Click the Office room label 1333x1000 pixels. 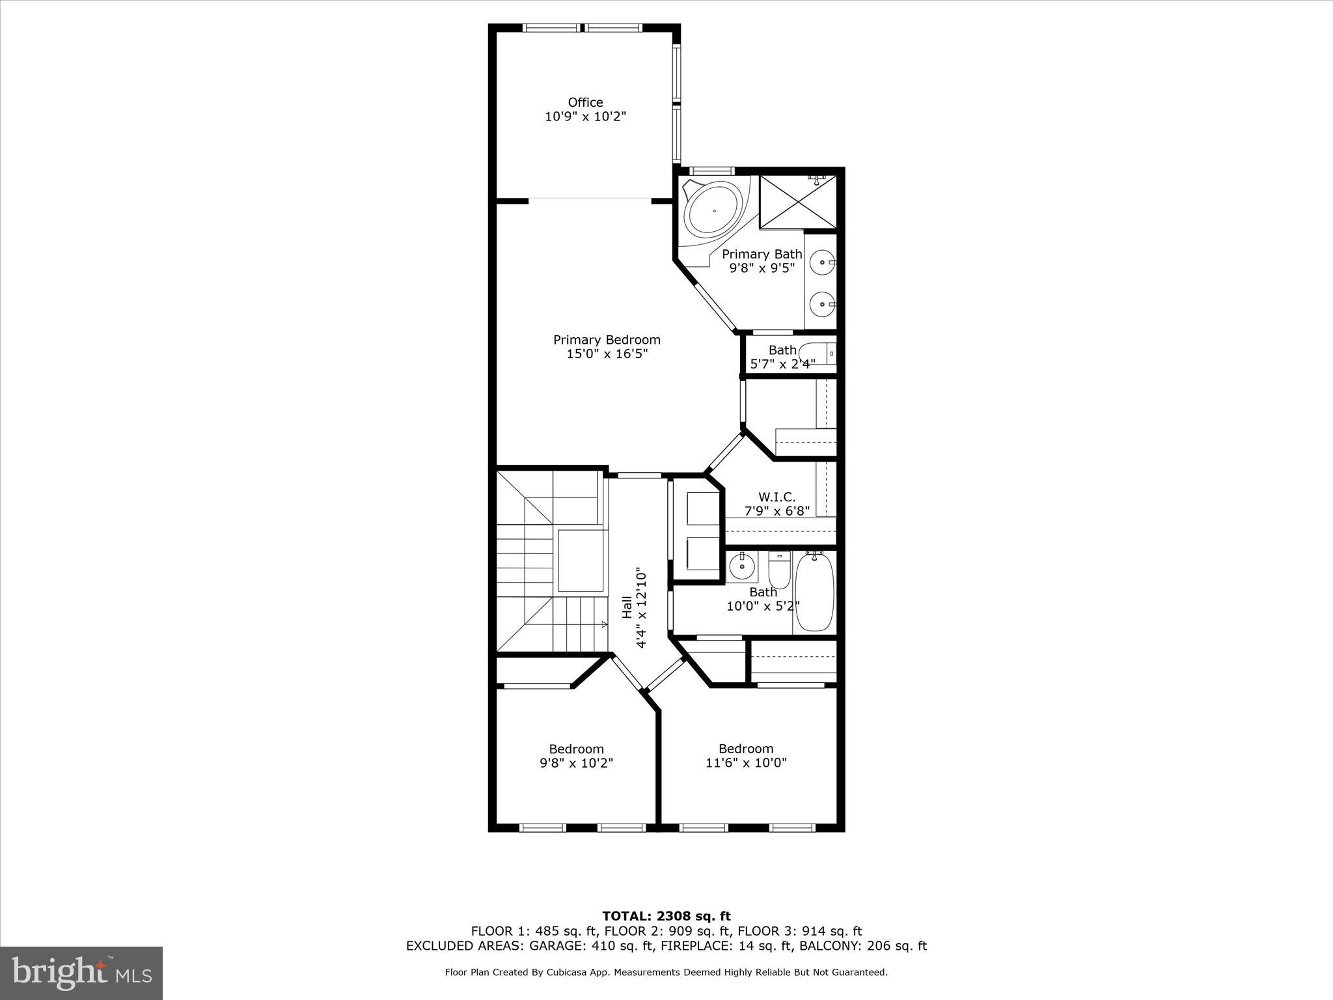[585, 102]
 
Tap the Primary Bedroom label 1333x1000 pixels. [607, 339]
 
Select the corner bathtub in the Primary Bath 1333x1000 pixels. [714, 210]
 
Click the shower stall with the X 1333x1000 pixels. [797, 201]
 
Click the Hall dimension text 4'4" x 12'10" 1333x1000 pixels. [642, 607]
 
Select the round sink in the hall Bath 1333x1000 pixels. [741, 567]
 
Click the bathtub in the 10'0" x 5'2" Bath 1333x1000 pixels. [814, 591]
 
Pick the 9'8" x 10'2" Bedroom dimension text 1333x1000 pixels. [576, 763]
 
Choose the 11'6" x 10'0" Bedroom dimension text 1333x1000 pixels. [746, 763]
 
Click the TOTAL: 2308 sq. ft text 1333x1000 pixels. [666, 917]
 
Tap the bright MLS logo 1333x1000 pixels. [81, 973]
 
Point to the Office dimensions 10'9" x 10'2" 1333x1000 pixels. [585, 117]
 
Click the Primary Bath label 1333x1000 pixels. [762, 254]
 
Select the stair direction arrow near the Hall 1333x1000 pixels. [604, 624]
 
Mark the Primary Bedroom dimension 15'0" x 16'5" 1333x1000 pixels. [607, 354]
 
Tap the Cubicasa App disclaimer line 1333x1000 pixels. [666, 972]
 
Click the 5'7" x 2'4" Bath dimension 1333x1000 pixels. [782, 364]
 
